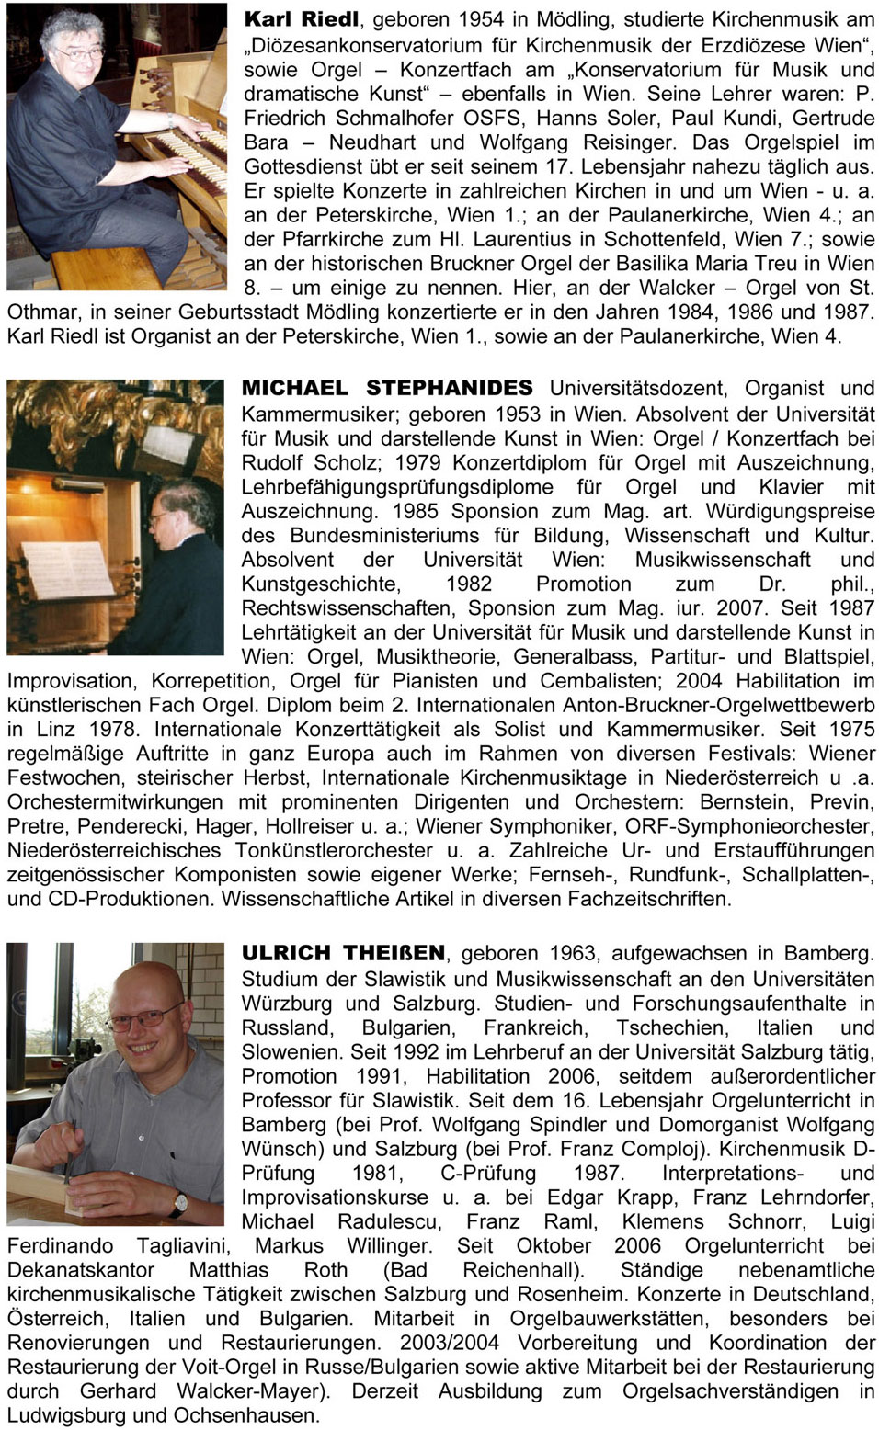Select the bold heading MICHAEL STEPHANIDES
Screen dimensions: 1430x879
point(386,389)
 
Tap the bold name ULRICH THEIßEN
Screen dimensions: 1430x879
point(343,953)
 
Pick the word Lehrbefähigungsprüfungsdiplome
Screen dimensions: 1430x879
point(397,487)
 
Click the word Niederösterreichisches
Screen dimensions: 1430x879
point(114,850)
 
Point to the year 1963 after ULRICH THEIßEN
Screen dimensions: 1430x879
point(572,953)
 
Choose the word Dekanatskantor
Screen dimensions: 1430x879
point(81,1270)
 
